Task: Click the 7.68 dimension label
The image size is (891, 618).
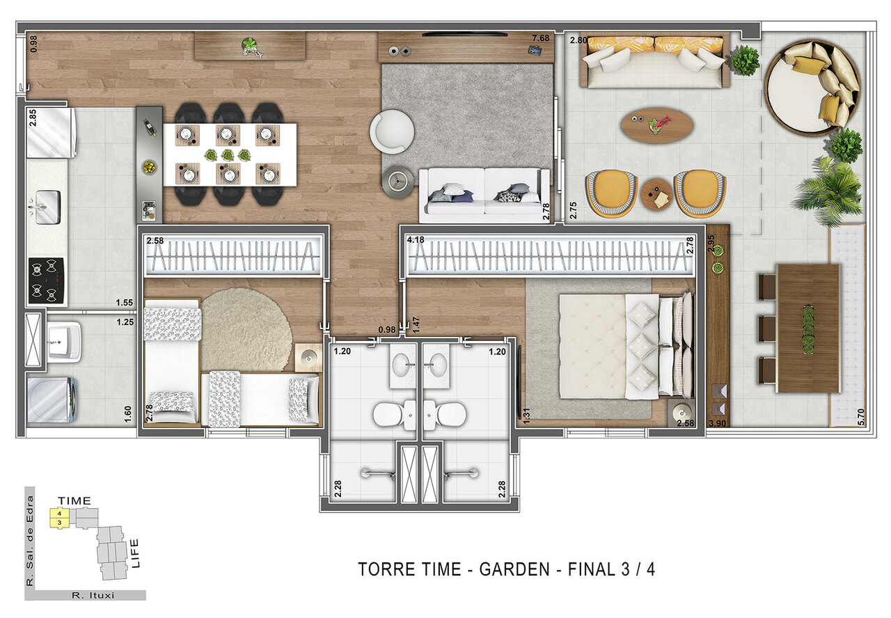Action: (540, 38)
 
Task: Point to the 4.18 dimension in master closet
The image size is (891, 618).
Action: (416, 240)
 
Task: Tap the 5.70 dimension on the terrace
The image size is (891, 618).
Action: (861, 415)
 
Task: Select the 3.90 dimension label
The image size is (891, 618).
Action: (718, 423)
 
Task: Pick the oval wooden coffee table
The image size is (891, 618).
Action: (656, 125)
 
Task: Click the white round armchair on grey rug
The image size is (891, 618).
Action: (391, 132)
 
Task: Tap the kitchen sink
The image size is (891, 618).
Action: (44, 207)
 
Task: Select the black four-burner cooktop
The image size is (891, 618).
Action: (46, 280)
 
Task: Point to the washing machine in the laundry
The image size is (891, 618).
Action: (49, 400)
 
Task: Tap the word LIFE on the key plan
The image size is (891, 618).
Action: (135, 553)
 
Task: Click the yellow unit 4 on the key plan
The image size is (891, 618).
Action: (61, 514)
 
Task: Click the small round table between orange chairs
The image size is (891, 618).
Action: (656, 194)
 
